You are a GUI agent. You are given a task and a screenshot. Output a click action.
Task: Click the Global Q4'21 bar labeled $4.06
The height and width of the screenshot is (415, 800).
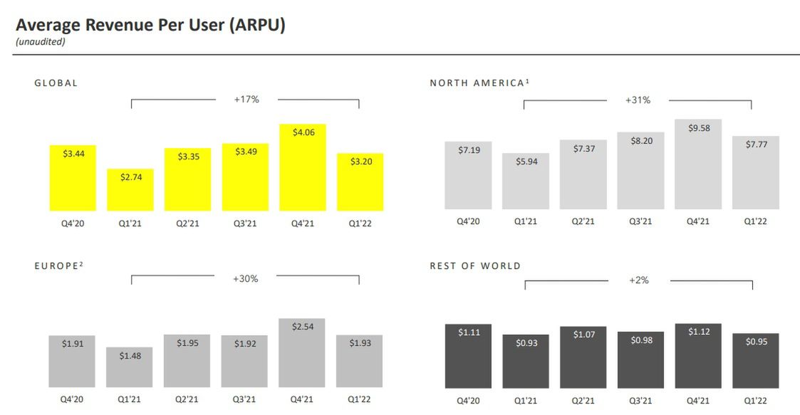[303, 167]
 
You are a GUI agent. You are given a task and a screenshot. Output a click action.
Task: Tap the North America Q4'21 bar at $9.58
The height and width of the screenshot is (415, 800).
[698, 164]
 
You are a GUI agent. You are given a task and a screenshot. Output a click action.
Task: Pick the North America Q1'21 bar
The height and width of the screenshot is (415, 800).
[525, 181]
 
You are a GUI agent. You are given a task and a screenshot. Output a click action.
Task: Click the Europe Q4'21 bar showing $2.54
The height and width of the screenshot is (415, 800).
[302, 352]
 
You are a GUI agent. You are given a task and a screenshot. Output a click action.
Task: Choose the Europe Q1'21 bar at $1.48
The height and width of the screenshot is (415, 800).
[130, 367]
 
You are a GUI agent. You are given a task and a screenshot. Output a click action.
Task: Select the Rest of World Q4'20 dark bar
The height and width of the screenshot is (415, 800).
[468, 356]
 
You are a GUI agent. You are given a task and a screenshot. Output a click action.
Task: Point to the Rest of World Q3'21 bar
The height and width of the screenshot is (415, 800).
[640, 359]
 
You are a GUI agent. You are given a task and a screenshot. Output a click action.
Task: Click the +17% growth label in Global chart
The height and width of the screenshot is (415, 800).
[246, 100]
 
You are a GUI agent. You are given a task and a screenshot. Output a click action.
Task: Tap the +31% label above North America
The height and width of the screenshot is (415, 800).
[638, 100]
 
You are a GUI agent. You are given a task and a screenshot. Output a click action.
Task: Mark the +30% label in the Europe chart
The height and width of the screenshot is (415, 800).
[246, 279]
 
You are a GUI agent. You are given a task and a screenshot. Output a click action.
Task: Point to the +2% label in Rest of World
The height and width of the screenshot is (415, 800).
[639, 280]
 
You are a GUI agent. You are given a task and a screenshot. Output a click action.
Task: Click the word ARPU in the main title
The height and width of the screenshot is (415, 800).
[254, 25]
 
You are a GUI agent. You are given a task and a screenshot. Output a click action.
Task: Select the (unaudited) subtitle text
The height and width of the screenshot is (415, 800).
[40, 42]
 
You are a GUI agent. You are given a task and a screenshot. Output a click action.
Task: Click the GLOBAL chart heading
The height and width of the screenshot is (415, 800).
[56, 83]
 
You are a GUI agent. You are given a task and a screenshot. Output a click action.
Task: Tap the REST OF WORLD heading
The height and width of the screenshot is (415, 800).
[475, 266]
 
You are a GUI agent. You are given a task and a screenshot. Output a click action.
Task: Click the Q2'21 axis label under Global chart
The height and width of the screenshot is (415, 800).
[188, 223]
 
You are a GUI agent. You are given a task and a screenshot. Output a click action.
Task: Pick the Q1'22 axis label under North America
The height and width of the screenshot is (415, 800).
[756, 221]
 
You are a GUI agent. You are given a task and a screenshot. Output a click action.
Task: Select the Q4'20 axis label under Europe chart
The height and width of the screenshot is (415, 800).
[72, 399]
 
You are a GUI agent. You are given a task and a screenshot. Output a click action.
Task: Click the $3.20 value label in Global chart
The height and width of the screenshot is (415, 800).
[360, 162]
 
